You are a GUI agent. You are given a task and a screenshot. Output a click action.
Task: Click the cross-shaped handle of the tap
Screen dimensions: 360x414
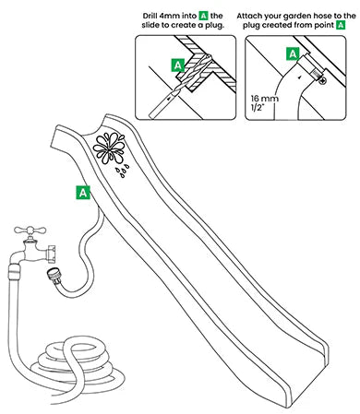tap(30, 231)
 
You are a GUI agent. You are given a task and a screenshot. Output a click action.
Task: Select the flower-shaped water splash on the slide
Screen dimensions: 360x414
tap(108, 148)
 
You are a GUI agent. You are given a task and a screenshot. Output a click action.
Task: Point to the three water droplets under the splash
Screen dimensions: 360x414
tap(122, 171)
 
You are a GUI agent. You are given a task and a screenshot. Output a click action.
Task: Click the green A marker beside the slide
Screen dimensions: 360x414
tap(83, 193)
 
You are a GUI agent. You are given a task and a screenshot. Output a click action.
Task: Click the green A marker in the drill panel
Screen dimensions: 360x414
tap(177, 65)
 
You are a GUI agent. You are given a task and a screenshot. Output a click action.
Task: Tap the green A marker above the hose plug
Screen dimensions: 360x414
tap(293, 54)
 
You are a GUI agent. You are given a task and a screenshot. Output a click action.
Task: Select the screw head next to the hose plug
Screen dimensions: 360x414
tap(323, 81)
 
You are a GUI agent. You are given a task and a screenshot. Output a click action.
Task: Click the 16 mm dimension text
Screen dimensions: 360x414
tap(264, 99)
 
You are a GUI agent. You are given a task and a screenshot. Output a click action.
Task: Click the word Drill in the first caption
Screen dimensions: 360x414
tap(150, 16)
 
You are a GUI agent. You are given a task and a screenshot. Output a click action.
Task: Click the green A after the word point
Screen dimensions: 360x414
tap(341, 25)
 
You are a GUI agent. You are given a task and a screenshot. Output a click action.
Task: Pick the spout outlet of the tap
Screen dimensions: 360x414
tap(52, 254)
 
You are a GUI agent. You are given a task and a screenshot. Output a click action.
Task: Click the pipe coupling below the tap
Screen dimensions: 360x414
tap(15, 269)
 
